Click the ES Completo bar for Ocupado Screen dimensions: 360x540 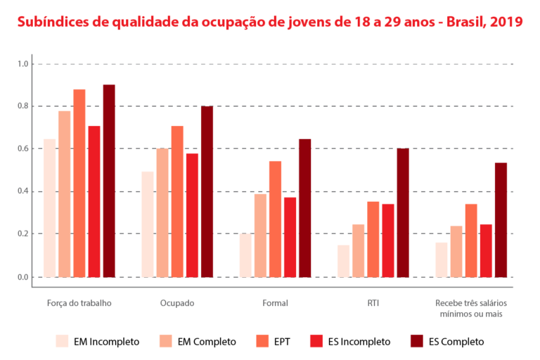coord(207,191)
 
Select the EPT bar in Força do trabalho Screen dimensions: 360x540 coord(79,183)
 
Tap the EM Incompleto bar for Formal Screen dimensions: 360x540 coord(245,255)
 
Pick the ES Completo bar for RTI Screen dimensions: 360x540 coord(403,212)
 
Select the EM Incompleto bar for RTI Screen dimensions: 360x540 coord(343,261)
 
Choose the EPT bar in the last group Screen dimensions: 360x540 coord(471,240)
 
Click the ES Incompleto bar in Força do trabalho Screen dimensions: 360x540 coord(94,201)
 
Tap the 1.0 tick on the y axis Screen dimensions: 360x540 coord(23,64)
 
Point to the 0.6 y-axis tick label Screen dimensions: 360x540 coord(23,149)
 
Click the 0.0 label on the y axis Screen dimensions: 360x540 coord(23,277)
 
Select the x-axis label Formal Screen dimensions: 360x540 coord(275,303)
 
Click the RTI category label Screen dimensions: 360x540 coord(373,303)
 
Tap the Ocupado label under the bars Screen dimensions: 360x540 coord(176,303)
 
